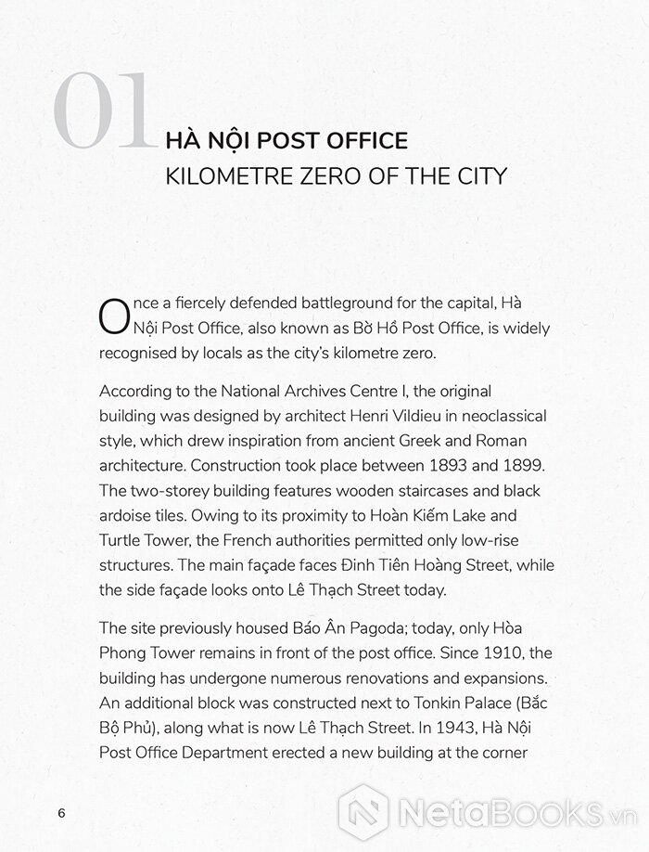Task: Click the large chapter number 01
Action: (103, 112)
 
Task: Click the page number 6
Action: (61, 813)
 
